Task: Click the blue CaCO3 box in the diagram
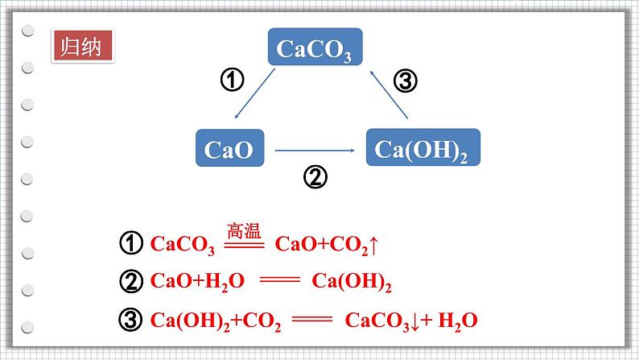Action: coord(315,47)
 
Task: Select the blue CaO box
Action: coord(230,148)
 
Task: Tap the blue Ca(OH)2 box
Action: coord(423,147)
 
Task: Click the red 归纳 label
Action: coord(83,46)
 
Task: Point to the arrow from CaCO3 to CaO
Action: coord(254,93)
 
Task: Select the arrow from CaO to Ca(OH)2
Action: coord(315,151)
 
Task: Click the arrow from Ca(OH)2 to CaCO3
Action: coord(389,94)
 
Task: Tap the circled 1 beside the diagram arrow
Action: coord(233,80)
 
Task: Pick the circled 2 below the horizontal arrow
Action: coord(315,177)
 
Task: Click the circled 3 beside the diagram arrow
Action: coord(406,80)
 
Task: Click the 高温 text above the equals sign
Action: coord(244,231)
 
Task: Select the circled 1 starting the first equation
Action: coord(131,243)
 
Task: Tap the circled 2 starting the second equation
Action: coord(131,281)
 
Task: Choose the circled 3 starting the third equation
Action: coord(131,320)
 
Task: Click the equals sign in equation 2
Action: coord(280,279)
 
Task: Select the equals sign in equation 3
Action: coord(312,318)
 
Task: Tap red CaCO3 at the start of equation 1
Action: coord(183,245)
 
